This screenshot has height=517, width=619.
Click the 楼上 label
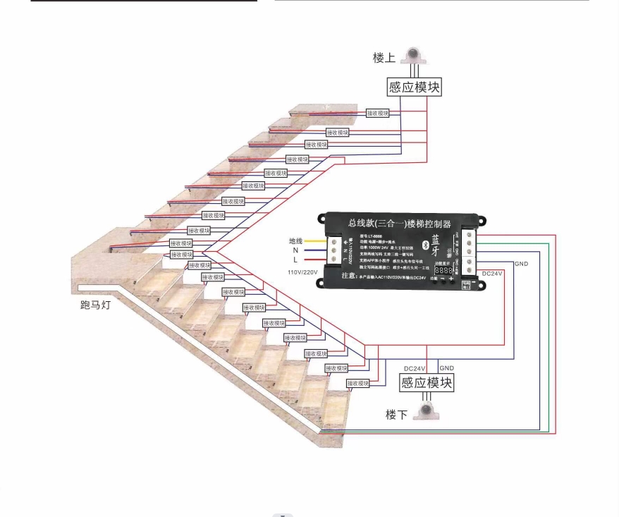click(384, 58)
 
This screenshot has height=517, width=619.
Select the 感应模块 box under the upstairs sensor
click(415, 87)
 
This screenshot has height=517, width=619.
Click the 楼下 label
click(396, 415)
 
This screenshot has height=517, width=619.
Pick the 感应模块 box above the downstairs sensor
click(427, 383)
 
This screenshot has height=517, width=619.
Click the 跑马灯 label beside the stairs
click(96, 305)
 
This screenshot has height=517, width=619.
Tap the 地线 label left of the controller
click(296, 241)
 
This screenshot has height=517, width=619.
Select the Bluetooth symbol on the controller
click(424, 244)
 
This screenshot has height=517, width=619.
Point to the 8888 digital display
click(443, 270)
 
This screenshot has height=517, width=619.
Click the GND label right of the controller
click(522, 264)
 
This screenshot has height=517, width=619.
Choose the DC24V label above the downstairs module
click(415, 369)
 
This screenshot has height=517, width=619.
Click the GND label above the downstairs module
click(446, 368)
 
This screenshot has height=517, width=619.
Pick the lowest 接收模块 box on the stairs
click(357, 383)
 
